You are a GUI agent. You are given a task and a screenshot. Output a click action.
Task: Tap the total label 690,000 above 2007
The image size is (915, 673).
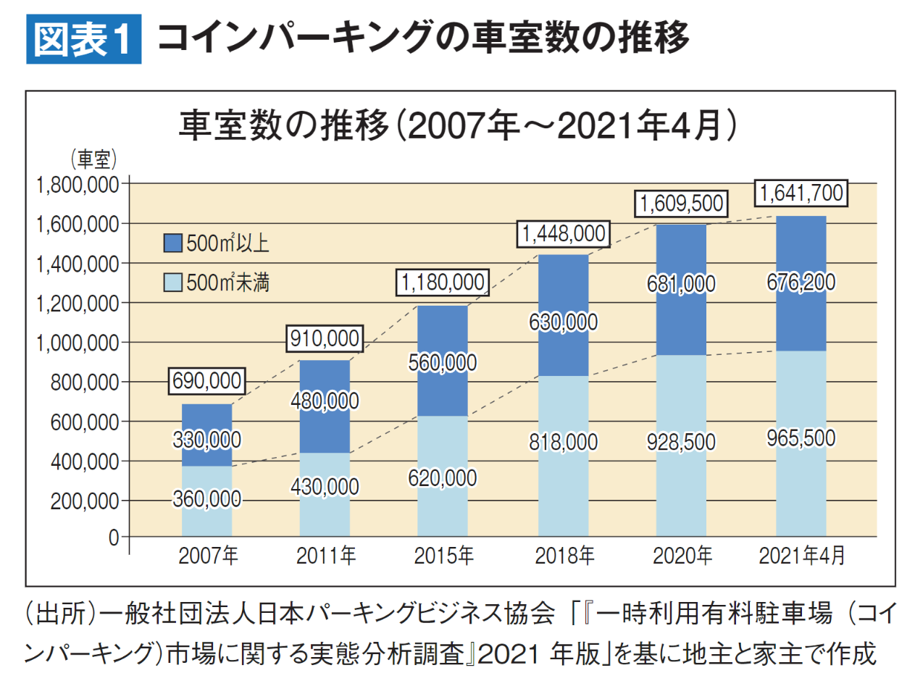207,382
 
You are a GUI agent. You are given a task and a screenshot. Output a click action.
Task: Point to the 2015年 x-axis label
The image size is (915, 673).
443,556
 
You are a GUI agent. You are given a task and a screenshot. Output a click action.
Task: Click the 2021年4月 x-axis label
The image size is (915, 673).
801,556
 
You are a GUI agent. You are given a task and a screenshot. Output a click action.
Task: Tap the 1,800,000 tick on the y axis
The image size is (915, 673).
77,185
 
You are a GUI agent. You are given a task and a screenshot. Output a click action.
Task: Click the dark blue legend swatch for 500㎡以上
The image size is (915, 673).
172,243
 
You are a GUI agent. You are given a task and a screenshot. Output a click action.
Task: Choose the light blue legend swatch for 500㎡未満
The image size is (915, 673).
172,282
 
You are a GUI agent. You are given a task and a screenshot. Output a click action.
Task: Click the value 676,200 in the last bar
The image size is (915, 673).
801,282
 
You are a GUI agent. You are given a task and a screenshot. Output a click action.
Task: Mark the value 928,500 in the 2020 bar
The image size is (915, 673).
682,441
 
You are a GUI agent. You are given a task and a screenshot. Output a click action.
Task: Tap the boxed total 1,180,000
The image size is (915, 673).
443,283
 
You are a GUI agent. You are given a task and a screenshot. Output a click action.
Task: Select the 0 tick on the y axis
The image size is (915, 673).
114,538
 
